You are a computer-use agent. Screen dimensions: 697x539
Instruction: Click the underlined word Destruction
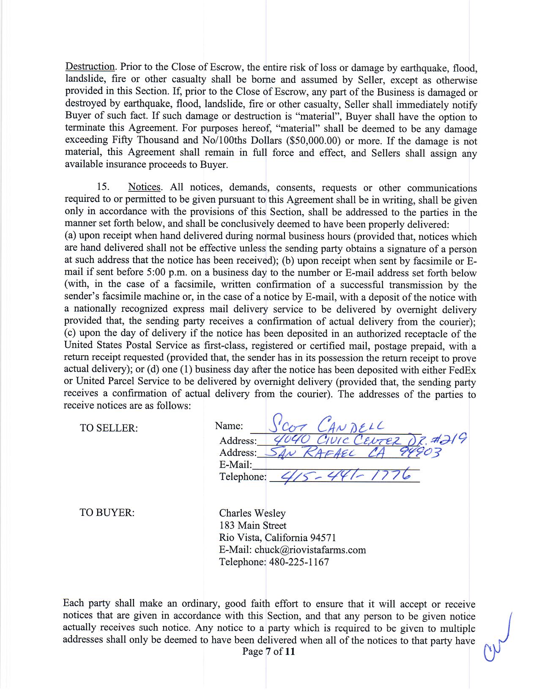[90, 67]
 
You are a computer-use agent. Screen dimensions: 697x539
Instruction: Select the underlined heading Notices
[144, 187]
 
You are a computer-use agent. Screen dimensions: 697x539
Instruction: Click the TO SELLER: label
[109, 428]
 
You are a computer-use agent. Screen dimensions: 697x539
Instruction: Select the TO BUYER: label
[107, 513]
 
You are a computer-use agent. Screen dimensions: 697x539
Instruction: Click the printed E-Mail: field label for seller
[235, 465]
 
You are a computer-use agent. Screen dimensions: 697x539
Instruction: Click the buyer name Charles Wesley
[252, 513]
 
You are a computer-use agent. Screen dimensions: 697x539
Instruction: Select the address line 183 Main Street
[252, 525]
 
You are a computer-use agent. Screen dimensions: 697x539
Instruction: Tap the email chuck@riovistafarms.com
[310, 550]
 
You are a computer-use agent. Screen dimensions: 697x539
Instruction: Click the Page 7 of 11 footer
[268, 651]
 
